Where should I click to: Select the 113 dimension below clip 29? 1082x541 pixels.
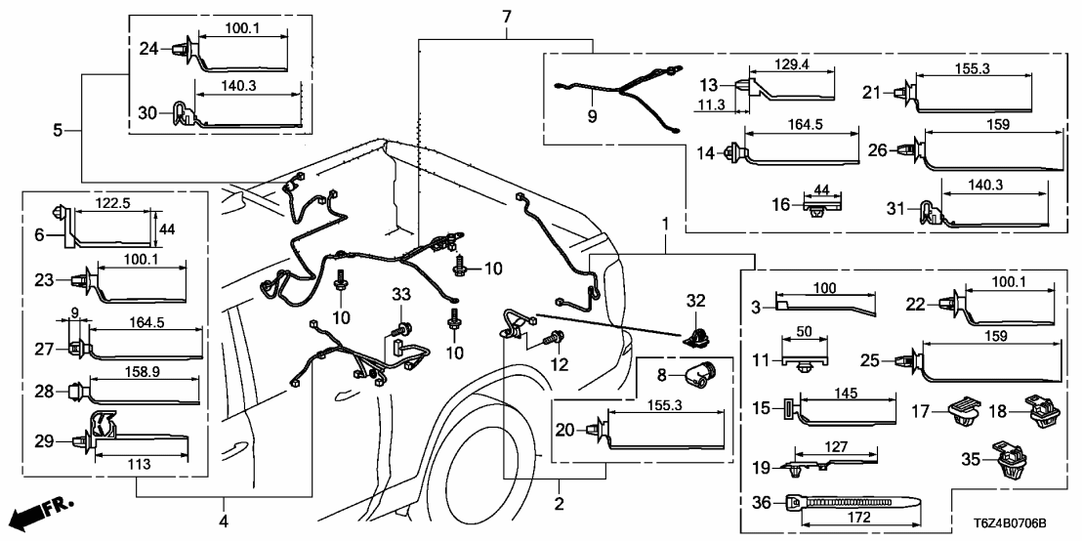click(138, 466)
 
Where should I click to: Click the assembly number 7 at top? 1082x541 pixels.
click(506, 17)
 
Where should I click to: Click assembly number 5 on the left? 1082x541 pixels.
click(60, 129)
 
